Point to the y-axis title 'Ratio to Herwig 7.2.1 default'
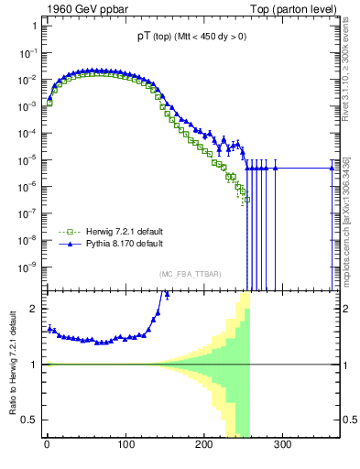(x=12, y=364)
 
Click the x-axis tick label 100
(x=125, y=445)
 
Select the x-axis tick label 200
(x=203, y=445)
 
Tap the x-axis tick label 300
(x=282, y=445)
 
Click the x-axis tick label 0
(x=46, y=445)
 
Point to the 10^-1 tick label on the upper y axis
(x=27, y=52)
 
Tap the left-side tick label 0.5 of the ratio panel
(x=30, y=420)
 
